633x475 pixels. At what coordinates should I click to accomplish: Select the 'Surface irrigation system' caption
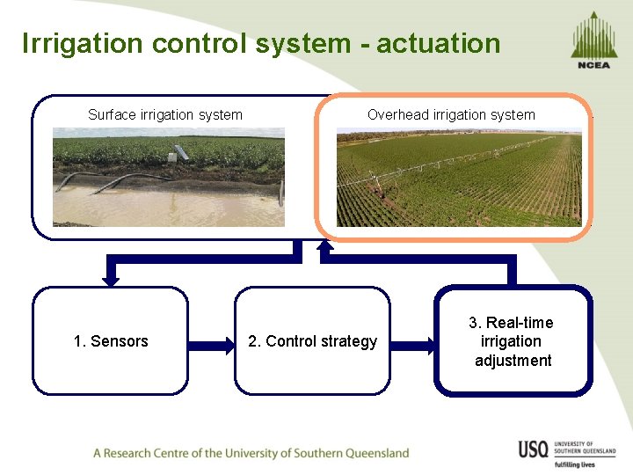(165, 114)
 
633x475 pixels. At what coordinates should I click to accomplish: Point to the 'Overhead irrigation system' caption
(451, 114)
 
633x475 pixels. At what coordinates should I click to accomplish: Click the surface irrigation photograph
(169, 177)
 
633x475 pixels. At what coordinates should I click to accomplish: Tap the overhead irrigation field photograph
(458, 179)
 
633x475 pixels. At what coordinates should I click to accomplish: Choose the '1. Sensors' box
(111, 340)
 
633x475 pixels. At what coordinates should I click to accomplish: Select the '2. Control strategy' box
(312, 340)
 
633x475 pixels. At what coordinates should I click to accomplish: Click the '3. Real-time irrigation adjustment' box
(513, 340)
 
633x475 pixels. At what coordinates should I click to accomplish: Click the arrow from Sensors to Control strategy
(211, 341)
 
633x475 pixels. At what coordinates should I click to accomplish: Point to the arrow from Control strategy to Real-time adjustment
(413, 341)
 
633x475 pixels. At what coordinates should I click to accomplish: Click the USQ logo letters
(534, 449)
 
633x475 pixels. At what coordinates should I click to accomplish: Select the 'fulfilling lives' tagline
(575, 464)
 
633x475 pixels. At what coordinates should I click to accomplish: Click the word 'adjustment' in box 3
(513, 361)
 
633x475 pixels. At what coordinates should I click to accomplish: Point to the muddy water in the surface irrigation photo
(167, 208)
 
